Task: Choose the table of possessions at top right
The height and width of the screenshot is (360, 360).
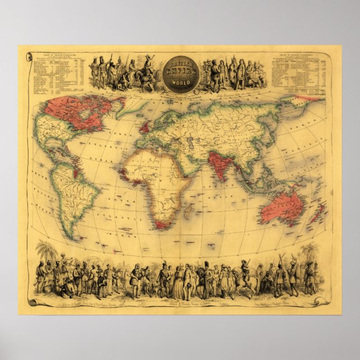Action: [x=299, y=70]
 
